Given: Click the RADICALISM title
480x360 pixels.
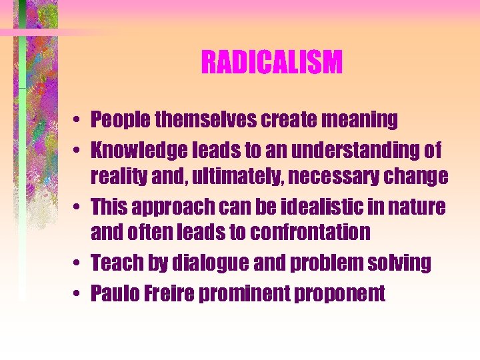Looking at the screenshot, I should coord(271,63).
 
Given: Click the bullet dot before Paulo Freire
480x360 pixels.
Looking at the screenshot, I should coord(78,294).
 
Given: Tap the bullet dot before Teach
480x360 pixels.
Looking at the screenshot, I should coord(78,263).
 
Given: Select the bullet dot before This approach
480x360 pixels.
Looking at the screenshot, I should coord(78,207).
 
